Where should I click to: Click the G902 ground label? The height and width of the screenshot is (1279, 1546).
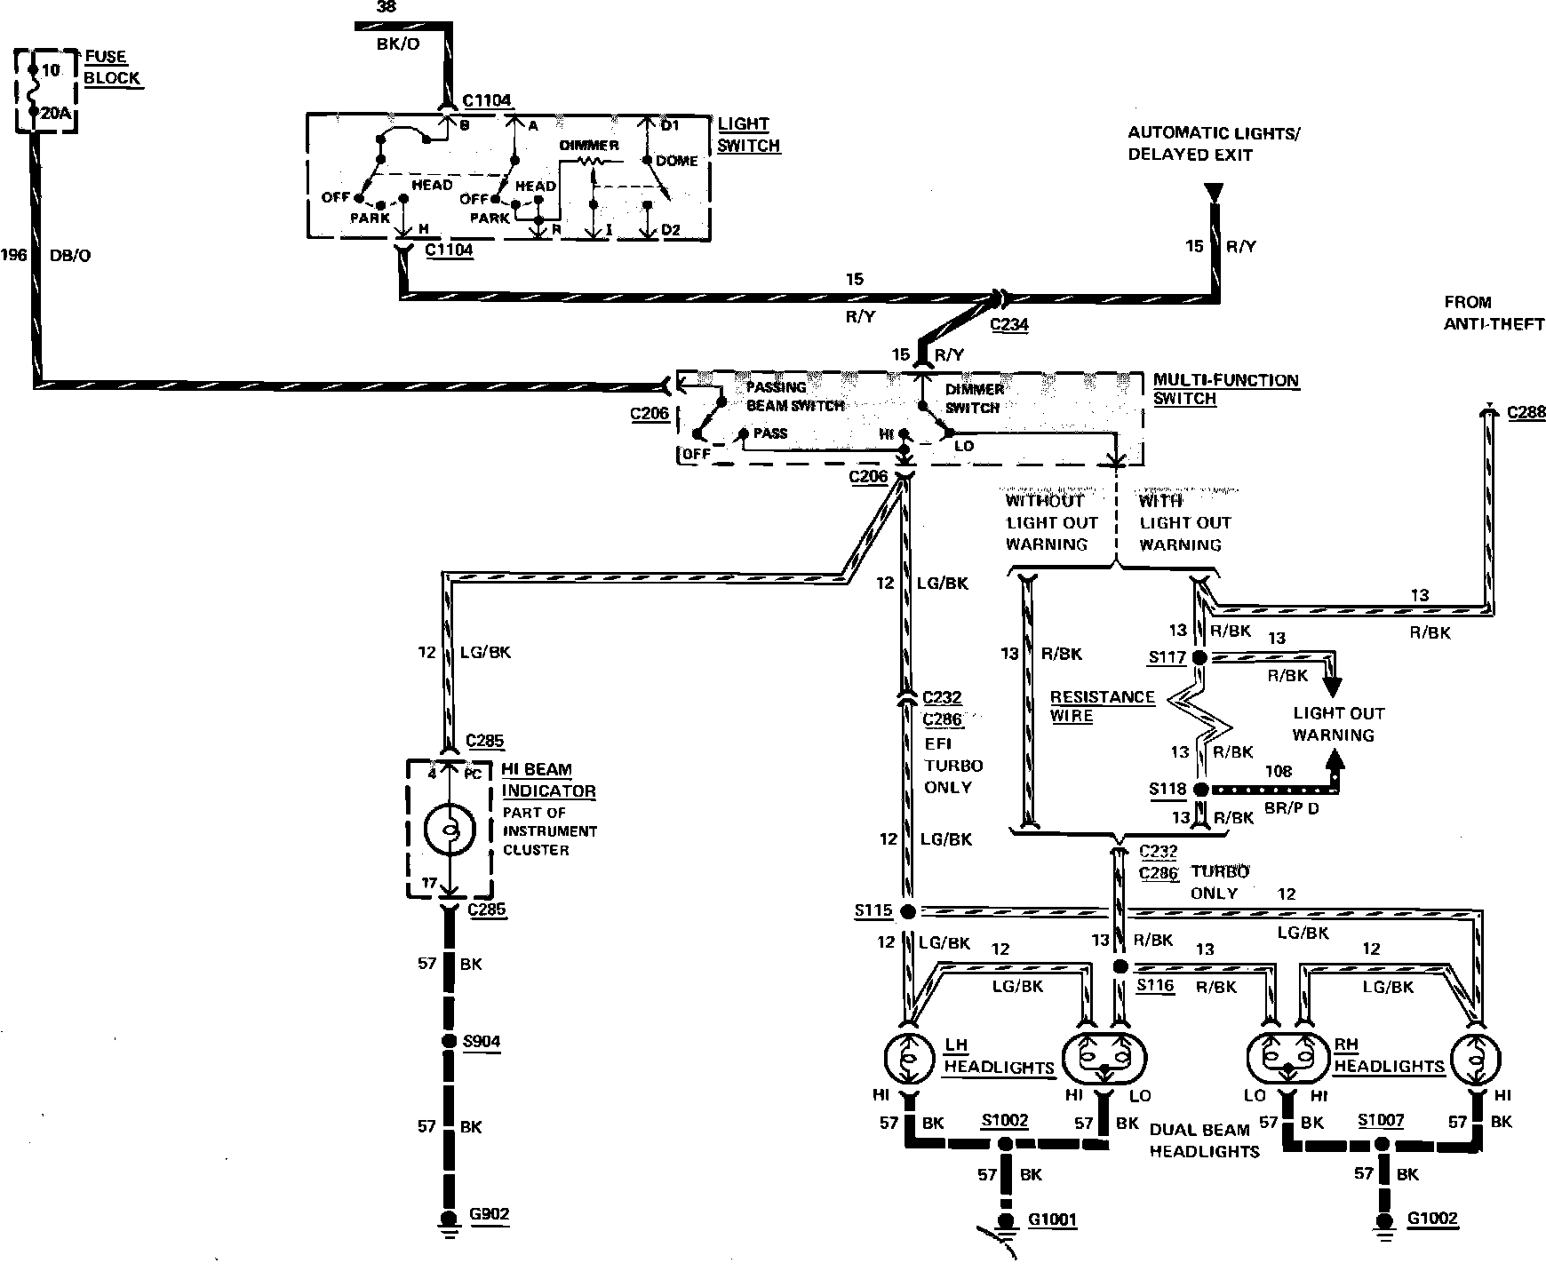click(490, 1214)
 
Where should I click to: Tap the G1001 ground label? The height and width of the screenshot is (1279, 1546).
click(1052, 1219)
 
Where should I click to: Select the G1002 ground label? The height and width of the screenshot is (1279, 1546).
click(1432, 1219)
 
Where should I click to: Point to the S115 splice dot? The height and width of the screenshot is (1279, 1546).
click(907, 911)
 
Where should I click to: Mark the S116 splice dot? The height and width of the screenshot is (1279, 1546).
click(1120, 966)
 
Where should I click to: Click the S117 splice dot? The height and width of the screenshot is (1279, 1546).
click(1199, 658)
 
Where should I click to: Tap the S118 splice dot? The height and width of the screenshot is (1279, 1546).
click(1200, 789)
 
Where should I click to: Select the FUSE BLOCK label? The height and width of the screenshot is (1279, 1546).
click(112, 68)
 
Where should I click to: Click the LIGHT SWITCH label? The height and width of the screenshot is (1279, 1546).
click(748, 135)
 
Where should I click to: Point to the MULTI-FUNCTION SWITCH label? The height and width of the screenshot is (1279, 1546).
click(1225, 389)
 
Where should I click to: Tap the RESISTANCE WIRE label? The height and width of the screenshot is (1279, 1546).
click(1102, 706)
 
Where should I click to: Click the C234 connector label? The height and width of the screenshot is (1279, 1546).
click(1009, 324)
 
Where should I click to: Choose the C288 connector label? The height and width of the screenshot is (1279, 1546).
click(1526, 413)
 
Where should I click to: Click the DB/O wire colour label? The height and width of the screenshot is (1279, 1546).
click(71, 256)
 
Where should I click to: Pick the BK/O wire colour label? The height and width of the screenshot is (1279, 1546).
click(397, 44)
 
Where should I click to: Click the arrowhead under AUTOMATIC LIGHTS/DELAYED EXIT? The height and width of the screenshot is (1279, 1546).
click(1213, 193)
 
